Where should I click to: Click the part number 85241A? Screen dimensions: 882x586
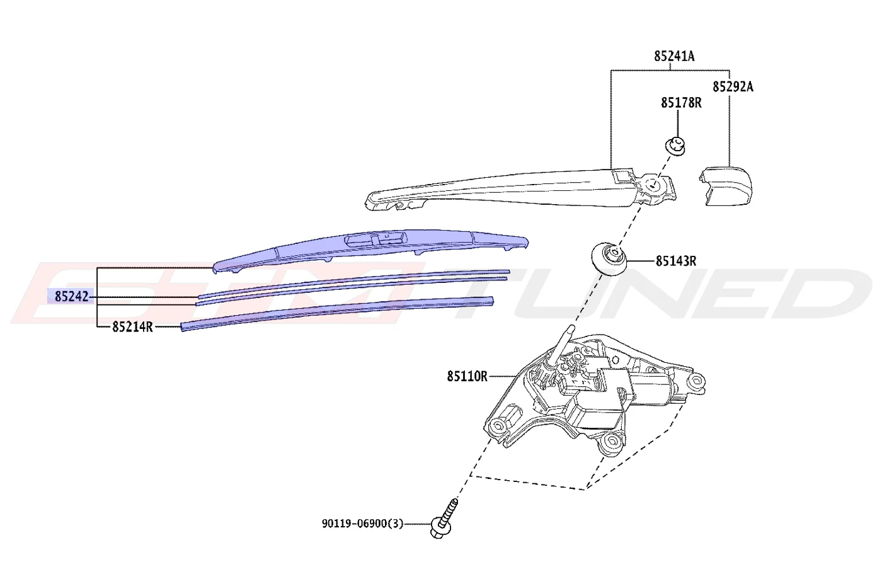pos(674,56)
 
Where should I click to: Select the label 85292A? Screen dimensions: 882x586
pos(733,87)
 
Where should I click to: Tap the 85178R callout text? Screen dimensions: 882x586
pos(681,103)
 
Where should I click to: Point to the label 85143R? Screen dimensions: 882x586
pos(675,261)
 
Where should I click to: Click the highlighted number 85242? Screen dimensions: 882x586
pos(71,296)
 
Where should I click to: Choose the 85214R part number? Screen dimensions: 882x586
pos(132,326)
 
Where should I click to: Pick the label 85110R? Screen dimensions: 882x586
pos(467,377)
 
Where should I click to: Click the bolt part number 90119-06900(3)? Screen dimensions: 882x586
pos(363,524)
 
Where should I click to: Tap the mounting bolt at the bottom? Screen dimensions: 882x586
pos(444,518)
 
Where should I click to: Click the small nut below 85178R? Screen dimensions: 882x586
pos(675,146)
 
